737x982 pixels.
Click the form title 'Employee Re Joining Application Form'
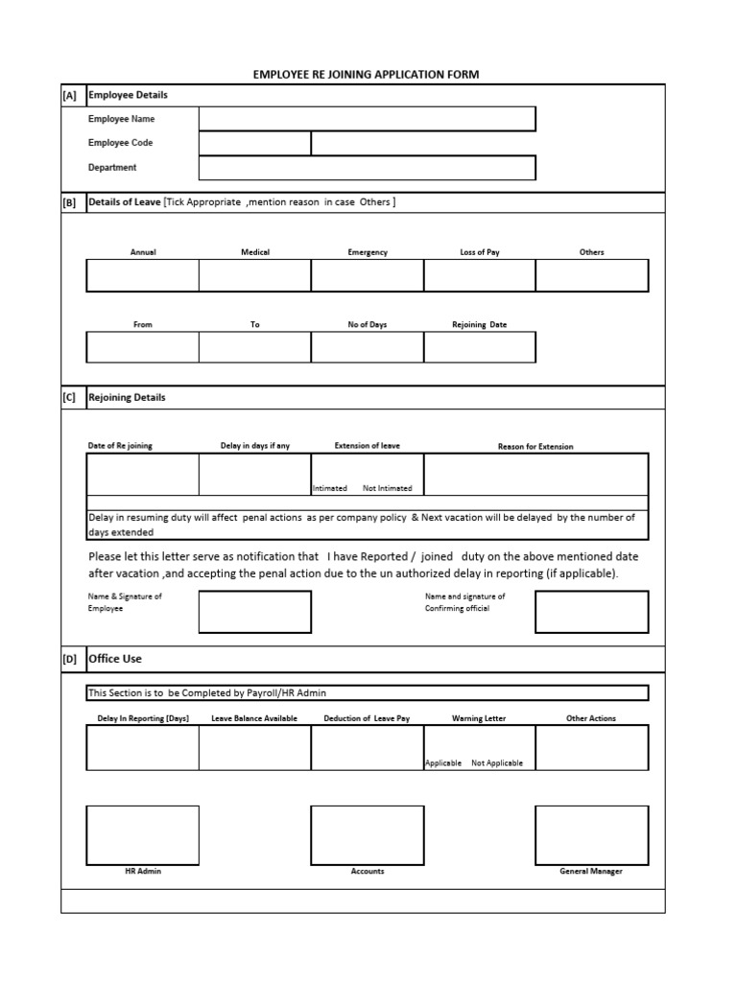tap(366, 74)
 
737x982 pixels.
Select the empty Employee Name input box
tap(367, 119)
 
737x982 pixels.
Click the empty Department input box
tap(367, 168)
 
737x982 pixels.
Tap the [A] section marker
tap(69, 96)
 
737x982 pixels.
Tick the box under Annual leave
tap(142, 275)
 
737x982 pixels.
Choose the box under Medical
tap(254, 275)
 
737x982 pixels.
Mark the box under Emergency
tap(367, 275)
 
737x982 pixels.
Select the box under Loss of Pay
tap(479, 275)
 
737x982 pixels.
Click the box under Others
tap(591, 275)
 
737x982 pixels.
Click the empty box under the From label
tap(142, 347)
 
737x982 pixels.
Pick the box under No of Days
tap(367, 347)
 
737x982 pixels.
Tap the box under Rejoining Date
tap(479, 347)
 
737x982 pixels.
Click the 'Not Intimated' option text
tap(388, 488)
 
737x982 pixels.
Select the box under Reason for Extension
tap(535, 474)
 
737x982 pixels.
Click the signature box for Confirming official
tap(591, 612)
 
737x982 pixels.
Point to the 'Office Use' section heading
tap(115, 659)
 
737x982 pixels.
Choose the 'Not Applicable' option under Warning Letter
tap(497, 763)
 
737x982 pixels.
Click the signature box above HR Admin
tap(142, 835)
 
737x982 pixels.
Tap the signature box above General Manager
tap(591, 835)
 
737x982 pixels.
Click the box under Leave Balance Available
tap(254, 748)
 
